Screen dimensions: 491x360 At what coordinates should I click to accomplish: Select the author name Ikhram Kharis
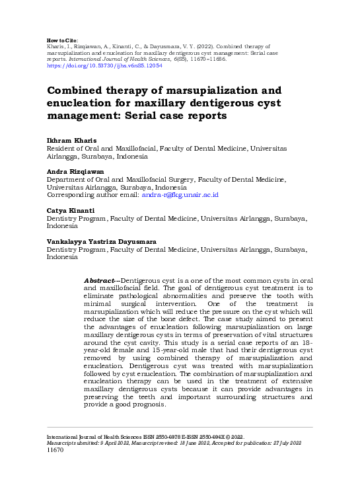tap(71, 141)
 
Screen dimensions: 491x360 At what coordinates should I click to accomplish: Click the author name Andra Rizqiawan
tap(76, 170)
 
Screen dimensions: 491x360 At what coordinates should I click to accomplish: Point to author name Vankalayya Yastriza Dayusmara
tap(101, 241)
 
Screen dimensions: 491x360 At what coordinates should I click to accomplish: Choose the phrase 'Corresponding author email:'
tap(92, 195)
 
